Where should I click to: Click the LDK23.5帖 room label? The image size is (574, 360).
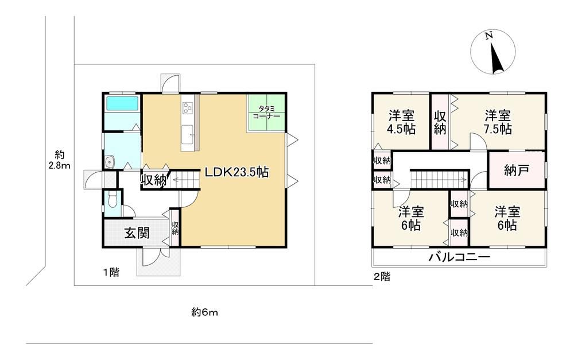(x=236, y=172)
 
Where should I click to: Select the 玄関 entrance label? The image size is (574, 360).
(x=137, y=233)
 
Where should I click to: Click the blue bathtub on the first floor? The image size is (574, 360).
(x=122, y=103)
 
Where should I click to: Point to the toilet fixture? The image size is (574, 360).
(x=111, y=201)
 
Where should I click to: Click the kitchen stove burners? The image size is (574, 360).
(x=188, y=108)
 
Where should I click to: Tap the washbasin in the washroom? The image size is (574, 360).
(x=110, y=161)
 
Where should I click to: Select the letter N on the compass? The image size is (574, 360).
(x=488, y=36)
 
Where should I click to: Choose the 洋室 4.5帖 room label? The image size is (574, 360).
(x=402, y=122)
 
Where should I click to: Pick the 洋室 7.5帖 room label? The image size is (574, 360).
(x=498, y=122)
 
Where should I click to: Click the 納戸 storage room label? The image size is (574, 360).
(x=517, y=171)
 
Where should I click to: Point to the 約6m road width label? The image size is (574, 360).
(x=205, y=312)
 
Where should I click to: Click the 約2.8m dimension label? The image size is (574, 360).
(x=60, y=160)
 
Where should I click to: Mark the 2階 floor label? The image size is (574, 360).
(x=382, y=277)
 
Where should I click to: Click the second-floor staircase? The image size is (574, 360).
(x=439, y=180)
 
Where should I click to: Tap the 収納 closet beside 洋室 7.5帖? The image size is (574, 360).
(x=440, y=123)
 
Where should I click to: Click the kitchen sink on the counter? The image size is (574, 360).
(x=188, y=133)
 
